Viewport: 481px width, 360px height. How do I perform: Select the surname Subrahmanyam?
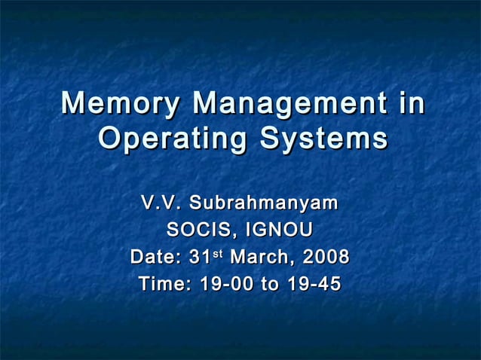tap(264, 204)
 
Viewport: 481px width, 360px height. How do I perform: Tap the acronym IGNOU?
tap(279, 230)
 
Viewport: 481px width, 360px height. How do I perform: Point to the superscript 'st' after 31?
tap(217, 254)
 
